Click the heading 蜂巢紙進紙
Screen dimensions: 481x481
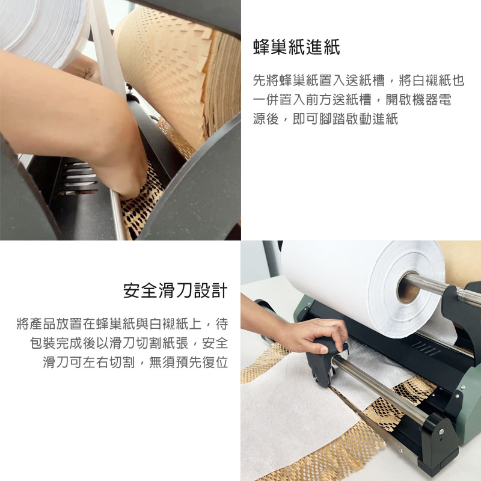(x=296, y=47)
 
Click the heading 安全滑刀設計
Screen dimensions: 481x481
(x=176, y=290)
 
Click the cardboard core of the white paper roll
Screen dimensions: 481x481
(x=408, y=287)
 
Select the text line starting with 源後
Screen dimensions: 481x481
(x=325, y=118)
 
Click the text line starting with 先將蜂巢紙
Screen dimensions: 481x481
(x=358, y=81)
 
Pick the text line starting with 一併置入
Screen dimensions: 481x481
(x=352, y=99)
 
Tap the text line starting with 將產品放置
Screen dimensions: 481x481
(x=122, y=324)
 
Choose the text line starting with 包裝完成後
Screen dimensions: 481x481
(x=129, y=343)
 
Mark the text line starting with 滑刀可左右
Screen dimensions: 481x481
(x=135, y=362)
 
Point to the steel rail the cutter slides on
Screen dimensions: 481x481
(x=381, y=387)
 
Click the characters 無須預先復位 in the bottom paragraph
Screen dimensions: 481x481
(x=188, y=362)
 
